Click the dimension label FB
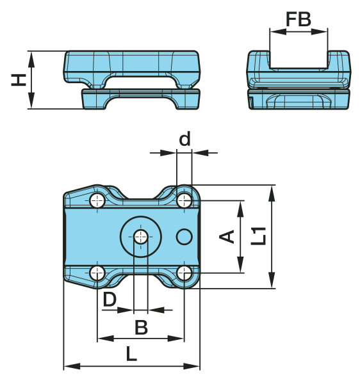(x=299, y=19)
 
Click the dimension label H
(x=19, y=80)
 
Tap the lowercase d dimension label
(x=184, y=139)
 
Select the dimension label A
(x=227, y=237)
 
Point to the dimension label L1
(x=259, y=236)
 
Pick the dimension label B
(x=142, y=327)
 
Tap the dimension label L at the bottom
(x=131, y=354)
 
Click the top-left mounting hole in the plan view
(x=97, y=201)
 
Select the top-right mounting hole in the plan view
(x=184, y=200)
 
